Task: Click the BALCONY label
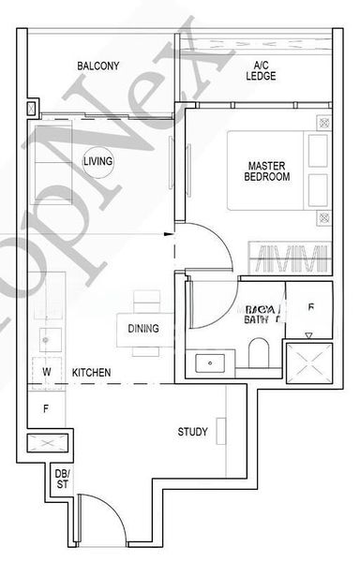click(97, 66)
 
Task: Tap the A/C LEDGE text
click(262, 71)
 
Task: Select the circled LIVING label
click(97, 162)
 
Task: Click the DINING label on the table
click(143, 329)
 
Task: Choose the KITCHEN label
click(92, 373)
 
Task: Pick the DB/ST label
click(63, 478)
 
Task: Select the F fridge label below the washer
click(45, 408)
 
